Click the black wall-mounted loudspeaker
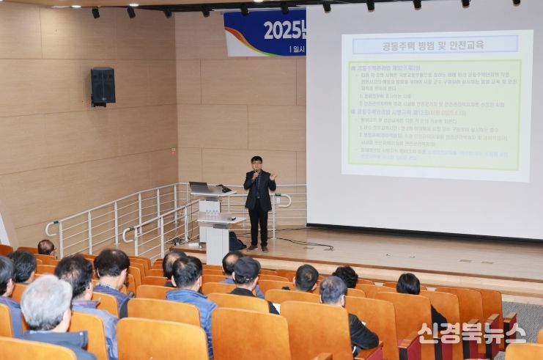[x=103, y=86]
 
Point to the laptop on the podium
[x=200, y=188]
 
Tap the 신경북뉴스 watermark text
[x=471, y=333]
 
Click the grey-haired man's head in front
[x=46, y=301]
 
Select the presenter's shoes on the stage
[x=257, y=248]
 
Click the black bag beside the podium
[x=236, y=241]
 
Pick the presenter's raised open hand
[x=273, y=177]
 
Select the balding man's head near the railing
[x=46, y=247]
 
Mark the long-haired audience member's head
[x=408, y=284]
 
